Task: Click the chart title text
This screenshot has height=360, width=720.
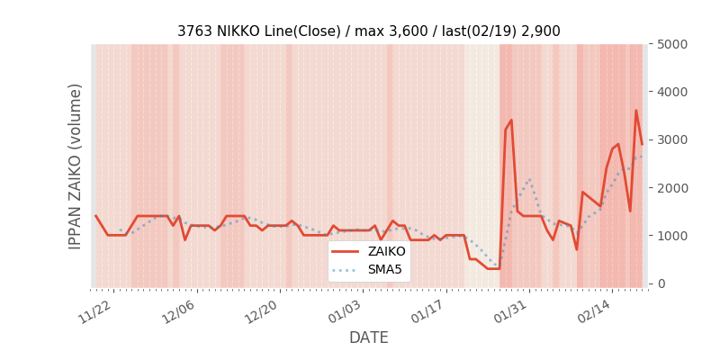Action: [x=368, y=31]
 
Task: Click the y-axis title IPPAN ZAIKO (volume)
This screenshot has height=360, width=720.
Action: [x=76, y=166]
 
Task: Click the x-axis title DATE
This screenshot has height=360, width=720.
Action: [x=368, y=337]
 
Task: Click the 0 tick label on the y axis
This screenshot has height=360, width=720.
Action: [x=661, y=283]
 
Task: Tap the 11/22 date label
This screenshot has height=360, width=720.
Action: [x=96, y=310]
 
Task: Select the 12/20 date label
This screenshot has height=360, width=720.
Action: [x=262, y=310]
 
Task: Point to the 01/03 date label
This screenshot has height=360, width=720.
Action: [x=346, y=310]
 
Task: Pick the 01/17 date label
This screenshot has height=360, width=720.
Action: [x=428, y=310]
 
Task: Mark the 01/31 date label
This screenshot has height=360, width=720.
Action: [x=511, y=310]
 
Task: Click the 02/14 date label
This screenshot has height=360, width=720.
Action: [x=594, y=310]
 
